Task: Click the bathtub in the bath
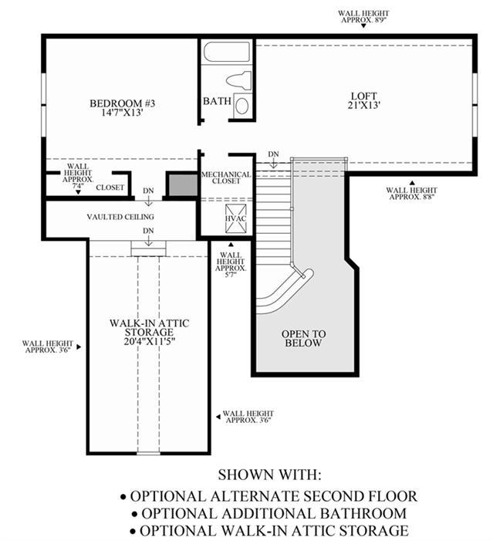[x=226, y=52]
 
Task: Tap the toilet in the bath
[x=238, y=80]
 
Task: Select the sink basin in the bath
[x=242, y=105]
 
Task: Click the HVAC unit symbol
[x=235, y=218]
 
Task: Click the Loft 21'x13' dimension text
[x=363, y=105]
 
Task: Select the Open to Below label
[x=304, y=339]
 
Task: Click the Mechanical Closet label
[x=226, y=178]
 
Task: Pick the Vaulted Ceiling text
[x=120, y=217]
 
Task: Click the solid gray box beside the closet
[x=183, y=185]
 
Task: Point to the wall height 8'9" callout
[x=363, y=17]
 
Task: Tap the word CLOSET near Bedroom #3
[x=110, y=188]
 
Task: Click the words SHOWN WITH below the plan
[x=269, y=475]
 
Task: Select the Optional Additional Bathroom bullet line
[x=269, y=513]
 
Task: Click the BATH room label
[x=217, y=101]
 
